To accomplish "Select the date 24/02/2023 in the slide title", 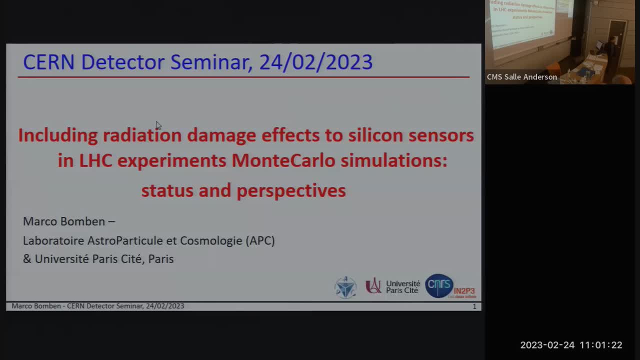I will tap(316, 62).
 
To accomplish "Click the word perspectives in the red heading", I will tap(291, 190).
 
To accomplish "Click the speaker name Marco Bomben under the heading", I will tap(64, 221).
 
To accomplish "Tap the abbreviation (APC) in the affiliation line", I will tap(260, 240).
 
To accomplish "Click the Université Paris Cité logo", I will tap(393, 286).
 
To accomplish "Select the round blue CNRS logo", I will tap(438, 286).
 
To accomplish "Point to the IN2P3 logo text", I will tap(464, 291).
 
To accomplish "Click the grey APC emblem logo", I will tap(345, 287).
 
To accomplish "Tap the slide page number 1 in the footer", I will tap(474, 306).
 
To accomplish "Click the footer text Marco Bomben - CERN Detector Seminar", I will tap(97, 306).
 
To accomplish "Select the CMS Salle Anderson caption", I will tap(521, 77).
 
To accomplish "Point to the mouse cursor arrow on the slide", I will tap(158, 125).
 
